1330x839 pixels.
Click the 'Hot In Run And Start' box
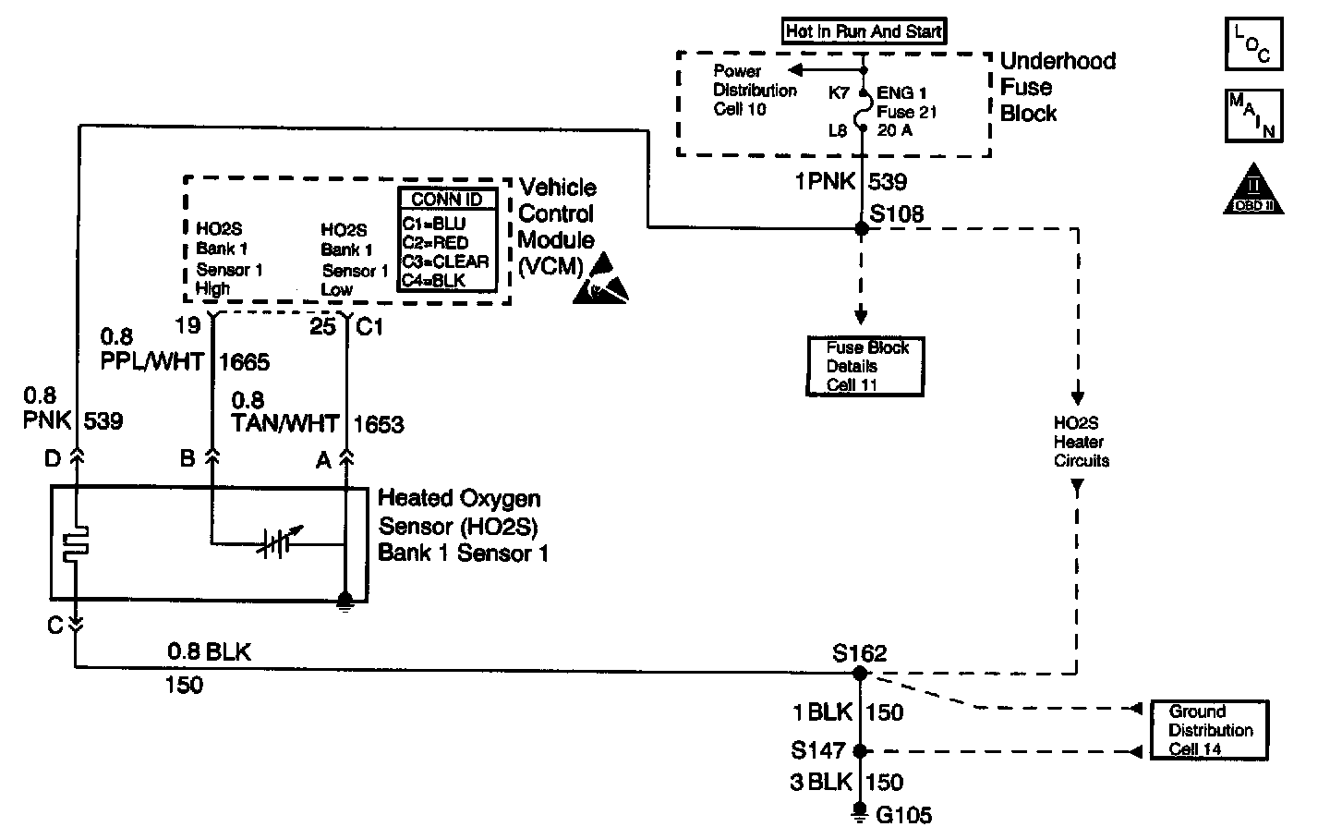864,31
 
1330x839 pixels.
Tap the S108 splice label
897,214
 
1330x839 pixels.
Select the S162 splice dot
861,675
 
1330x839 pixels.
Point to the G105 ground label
905,815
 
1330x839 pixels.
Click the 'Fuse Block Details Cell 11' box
865,366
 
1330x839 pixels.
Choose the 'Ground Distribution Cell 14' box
1210,730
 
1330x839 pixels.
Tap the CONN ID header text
447,200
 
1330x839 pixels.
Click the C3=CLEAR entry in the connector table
445,261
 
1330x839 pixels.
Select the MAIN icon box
1253,116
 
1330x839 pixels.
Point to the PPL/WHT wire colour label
151,361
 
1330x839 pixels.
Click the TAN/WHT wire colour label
284,424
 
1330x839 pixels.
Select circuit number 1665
244,361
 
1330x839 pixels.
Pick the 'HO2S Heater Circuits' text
1081,442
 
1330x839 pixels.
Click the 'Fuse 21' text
908,112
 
